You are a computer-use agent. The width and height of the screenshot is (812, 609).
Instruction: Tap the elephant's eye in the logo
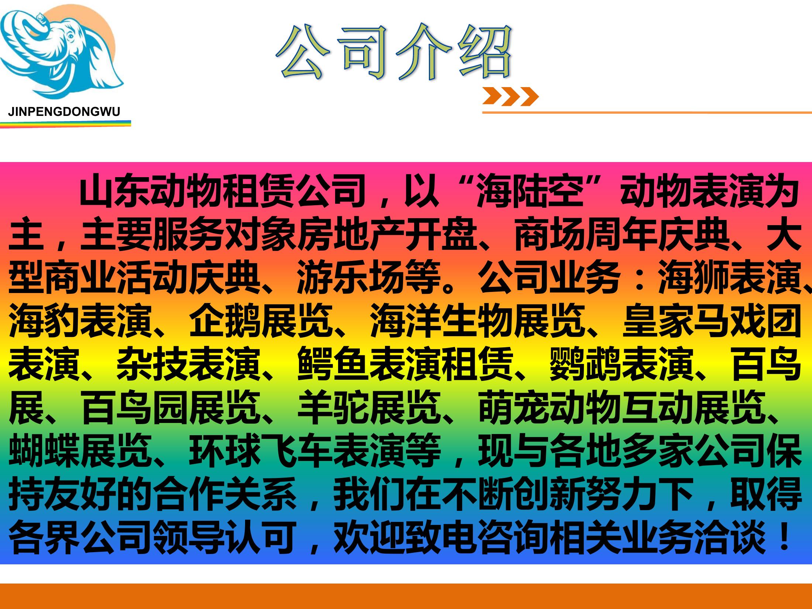tap(70, 37)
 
